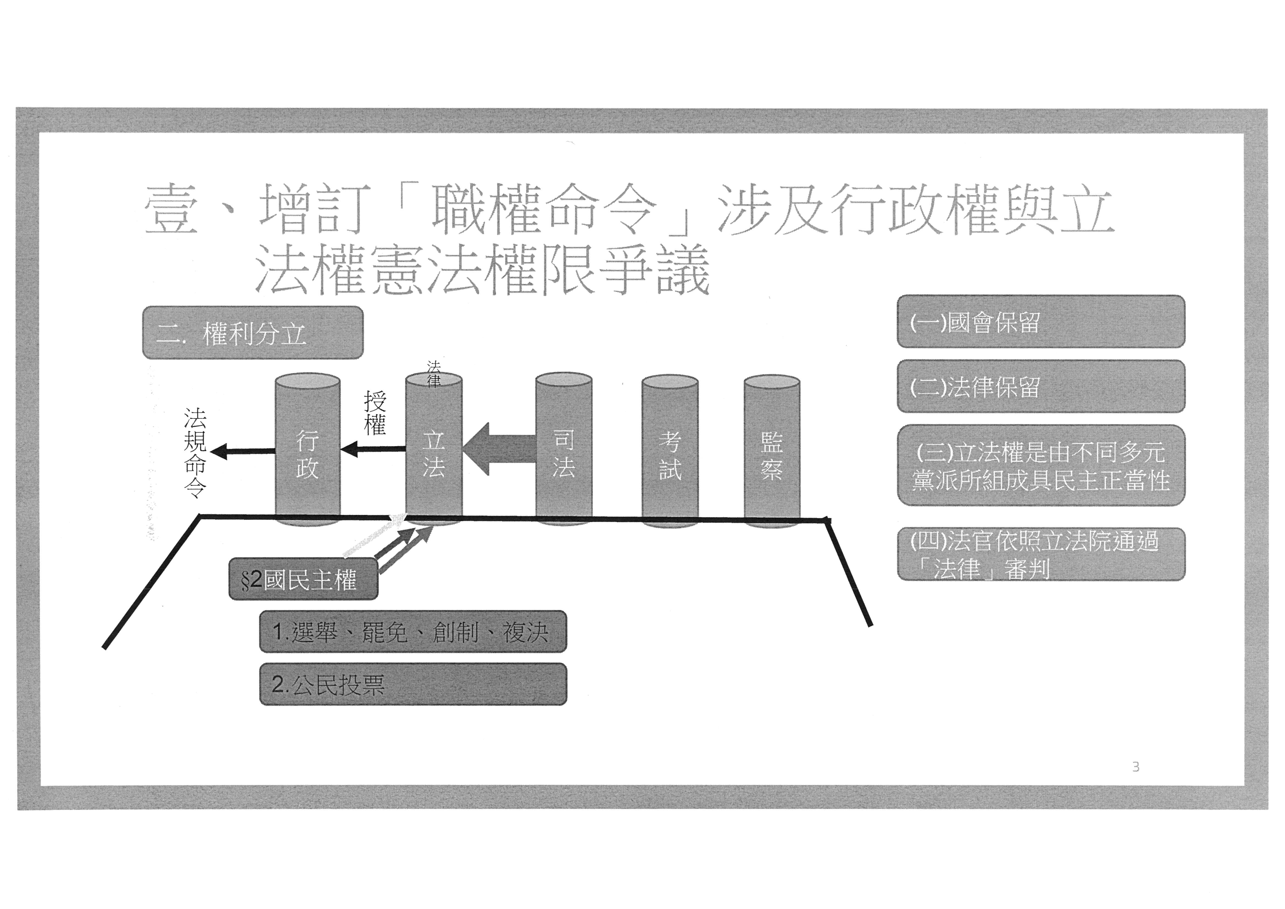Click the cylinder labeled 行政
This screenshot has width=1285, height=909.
pyautogui.click(x=307, y=453)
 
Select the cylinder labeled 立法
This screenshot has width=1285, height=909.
pyautogui.click(x=434, y=453)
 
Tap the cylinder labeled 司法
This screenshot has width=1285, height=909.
pyautogui.click(x=564, y=453)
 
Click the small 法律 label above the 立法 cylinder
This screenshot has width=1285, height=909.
pyautogui.click(x=434, y=373)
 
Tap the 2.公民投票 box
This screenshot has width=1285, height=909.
pyautogui.click(x=412, y=684)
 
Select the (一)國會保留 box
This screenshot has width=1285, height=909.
pyautogui.click(x=1040, y=322)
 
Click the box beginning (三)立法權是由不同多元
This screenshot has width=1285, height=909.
pyautogui.click(x=1040, y=466)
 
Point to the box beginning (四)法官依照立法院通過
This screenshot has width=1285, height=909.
pyautogui.click(x=1040, y=554)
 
